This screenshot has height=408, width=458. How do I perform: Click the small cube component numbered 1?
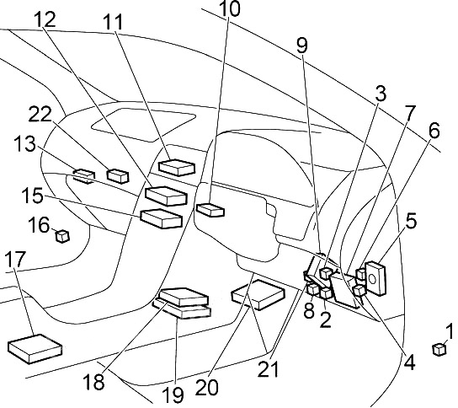439,349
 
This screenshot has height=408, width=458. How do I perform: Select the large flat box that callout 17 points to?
34,346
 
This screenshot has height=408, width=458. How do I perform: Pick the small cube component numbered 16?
61,236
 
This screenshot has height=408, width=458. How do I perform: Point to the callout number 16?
40,225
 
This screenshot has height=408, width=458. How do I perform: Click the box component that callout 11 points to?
177,167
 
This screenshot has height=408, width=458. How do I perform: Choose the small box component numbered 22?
118,176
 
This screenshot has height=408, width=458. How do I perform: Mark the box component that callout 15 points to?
161,217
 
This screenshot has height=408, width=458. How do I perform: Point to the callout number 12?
48,19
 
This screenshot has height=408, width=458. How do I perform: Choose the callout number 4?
410,364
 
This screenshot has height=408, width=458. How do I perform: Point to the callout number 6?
434,131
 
